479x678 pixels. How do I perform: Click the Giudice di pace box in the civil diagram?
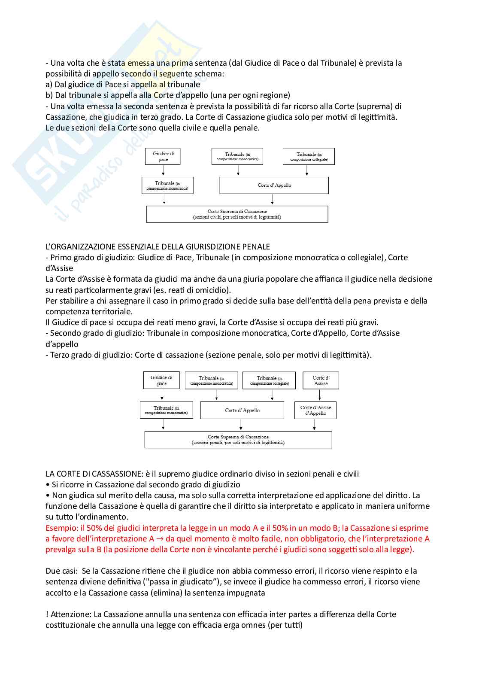pos(163,156)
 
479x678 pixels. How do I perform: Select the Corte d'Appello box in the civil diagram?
pos(274,185)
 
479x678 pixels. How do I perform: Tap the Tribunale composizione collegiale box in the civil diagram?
pos(309,156)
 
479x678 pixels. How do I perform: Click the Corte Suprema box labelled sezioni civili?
pos(237,214)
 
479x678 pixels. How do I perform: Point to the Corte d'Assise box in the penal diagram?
pos(321,380)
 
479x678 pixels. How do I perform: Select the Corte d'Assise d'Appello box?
pos(315,410)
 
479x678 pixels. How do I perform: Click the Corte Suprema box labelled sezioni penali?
pos(238,439)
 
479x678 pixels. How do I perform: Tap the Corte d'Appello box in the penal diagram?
pos(242,410)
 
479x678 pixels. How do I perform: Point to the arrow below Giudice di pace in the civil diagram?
pos(164,171)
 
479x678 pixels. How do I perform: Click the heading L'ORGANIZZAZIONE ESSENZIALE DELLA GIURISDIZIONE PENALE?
pos(158,247)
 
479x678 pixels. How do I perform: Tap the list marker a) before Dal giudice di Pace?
pos(49,85)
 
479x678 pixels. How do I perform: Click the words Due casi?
pos(61,571)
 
